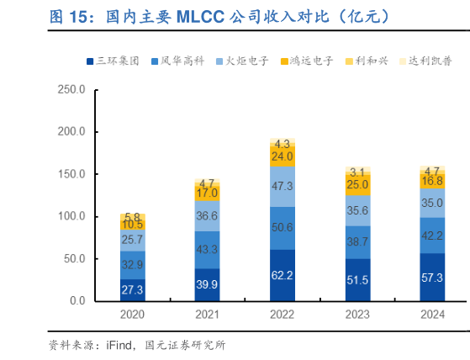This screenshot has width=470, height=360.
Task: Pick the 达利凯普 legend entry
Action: [x=435, y=61]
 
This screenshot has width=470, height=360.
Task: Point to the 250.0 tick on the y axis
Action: [x=71, y=90]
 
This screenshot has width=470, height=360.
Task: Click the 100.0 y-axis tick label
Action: [x=71, y=216]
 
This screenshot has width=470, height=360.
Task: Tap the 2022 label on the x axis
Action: [x=282, y=315]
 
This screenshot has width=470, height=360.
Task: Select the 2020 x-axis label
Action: [x=132, y=315]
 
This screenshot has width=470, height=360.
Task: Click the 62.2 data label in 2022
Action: [x=282, y=275]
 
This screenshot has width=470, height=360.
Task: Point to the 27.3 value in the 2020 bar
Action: [x=132, y=289]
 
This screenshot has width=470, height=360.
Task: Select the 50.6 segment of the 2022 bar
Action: [x=282, y=228]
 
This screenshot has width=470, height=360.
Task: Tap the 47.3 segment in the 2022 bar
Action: [x=282, y=186]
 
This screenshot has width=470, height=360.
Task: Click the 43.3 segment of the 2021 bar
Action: [x=207, y=250]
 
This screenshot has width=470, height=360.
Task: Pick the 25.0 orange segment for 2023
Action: [x=357, y=184]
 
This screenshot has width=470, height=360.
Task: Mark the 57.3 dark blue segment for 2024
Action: [x=432, y=277]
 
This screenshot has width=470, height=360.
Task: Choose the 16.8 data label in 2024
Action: [x=432, y=181]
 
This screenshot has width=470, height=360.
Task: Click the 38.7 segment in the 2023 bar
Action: [x=357, y=241]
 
